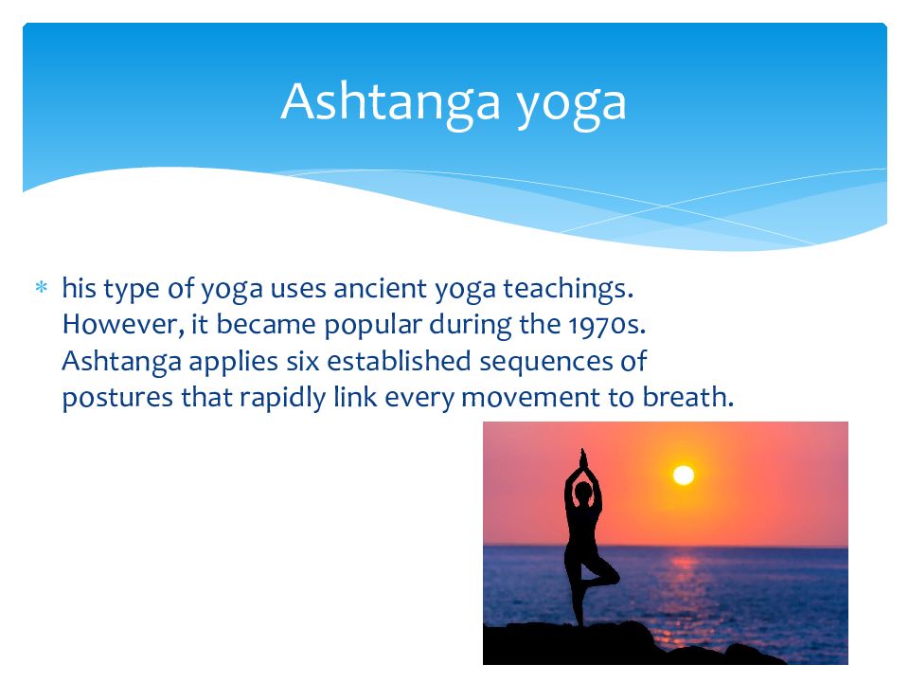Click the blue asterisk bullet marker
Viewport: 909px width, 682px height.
coord(41,286)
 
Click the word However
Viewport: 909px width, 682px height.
coord(123,324)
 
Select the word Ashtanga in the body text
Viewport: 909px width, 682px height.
coord(122,362)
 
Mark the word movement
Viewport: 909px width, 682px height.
coord(530,398)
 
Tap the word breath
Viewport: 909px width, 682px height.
coord(688,397)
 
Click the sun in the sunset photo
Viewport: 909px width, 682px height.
coord(684,475)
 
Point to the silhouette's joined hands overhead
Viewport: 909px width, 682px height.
coord(583,458)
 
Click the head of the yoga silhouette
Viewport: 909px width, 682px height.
coord(583,492)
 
